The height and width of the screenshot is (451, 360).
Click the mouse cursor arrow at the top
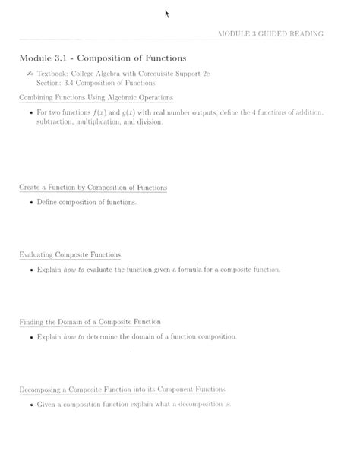pyautogui.click(x=167, y=14)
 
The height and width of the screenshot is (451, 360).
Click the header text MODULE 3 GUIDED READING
pyautogui.click(x=270, y=34)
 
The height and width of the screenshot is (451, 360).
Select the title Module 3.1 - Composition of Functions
pyautogui.click(x=103, y=58)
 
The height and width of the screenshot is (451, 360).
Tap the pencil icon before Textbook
pyautogui.click(x=30, y=74)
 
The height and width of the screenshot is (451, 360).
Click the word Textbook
pyautogui.click(x=52, y=74)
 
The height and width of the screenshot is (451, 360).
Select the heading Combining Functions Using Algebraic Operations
pyautogui.click(x=96, y=98)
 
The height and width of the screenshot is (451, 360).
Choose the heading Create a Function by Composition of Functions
pyautogui.click(x=93, y=188)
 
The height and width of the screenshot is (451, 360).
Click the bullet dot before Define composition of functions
pyautogui.click(x=30, y=203)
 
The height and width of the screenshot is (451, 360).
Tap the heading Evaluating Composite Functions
pyautogui.click(x=70, y=254)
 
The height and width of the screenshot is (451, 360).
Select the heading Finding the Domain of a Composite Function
pyautogui.click(x=90, y=322)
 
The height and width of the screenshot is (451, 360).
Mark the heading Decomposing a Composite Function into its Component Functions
pyautogui.click(x=122, y=389)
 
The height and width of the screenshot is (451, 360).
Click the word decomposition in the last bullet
pyautogui.click(x=197, y=404)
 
